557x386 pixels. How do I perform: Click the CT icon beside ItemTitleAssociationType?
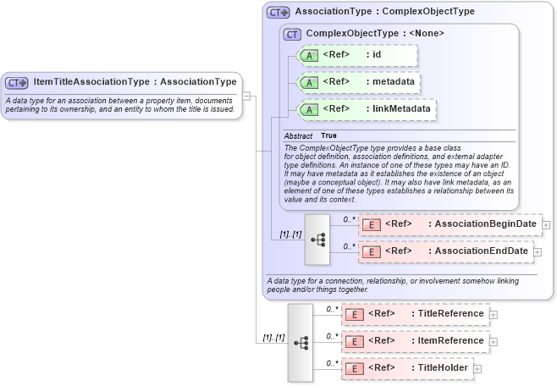click(17, 83)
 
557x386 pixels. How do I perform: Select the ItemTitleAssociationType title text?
click(135, 82)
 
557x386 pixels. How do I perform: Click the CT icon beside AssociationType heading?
click(278, 12)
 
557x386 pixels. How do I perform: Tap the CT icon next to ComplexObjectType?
click(293, 34)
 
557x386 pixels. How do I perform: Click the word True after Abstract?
click(328, 135)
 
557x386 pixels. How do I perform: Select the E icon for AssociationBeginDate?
click(370, 224)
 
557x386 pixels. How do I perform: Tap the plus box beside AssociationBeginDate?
click(546, 224)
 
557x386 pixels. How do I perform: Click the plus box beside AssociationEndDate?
click(538, 251)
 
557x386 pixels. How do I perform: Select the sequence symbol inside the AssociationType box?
click(317, 239)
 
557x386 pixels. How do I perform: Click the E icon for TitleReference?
click(353, 314)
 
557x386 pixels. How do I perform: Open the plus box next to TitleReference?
click(494, 314)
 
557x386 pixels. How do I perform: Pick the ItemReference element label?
click(450, 341)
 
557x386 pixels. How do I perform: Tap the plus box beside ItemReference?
click(494, 341)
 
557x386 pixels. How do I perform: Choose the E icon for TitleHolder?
click(353, 368)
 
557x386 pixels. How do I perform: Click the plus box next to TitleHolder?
click(477, 368)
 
